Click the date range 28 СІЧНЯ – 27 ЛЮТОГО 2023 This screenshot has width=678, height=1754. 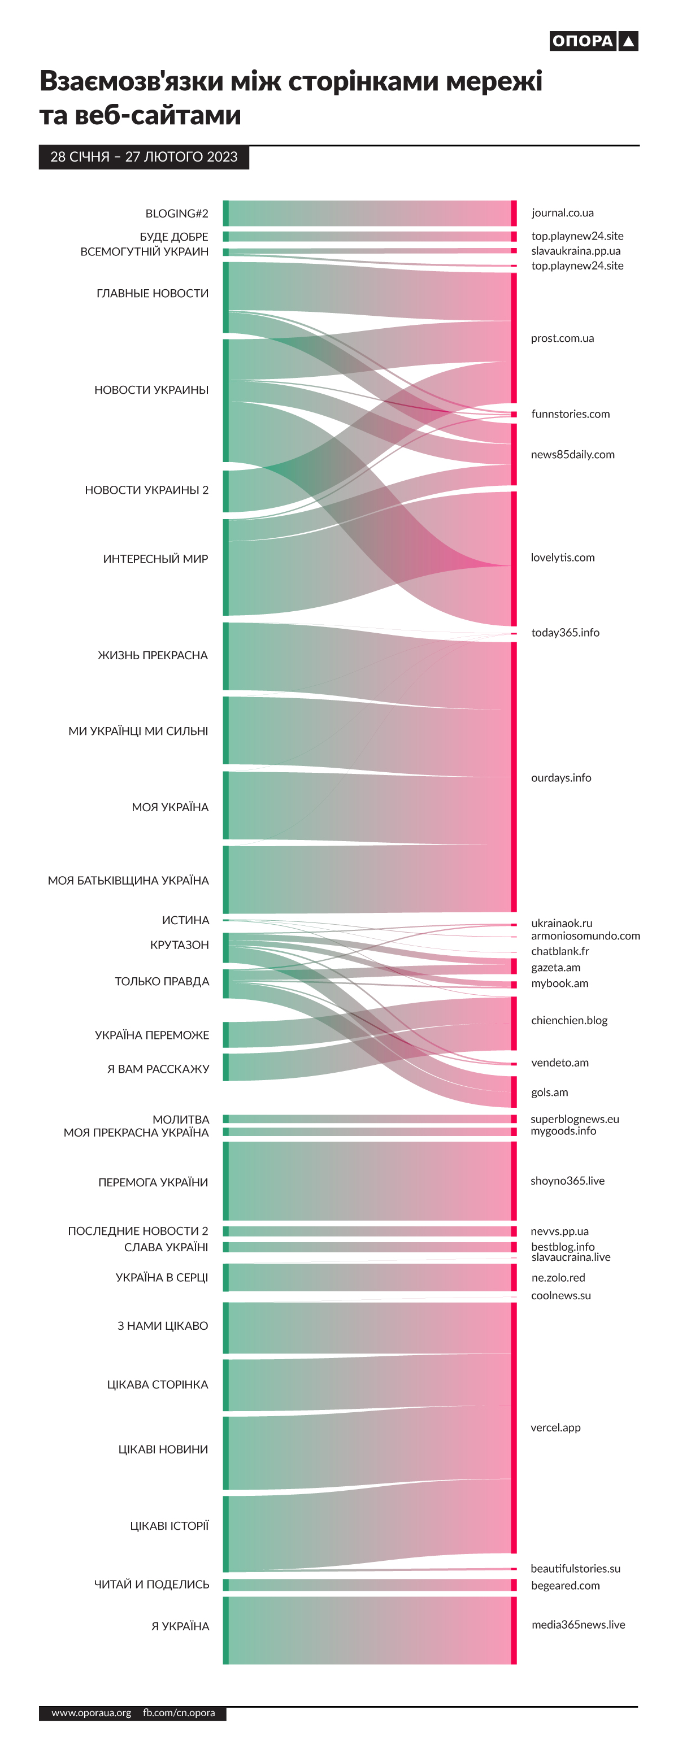click(144, 156)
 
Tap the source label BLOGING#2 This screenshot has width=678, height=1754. click(176, 213)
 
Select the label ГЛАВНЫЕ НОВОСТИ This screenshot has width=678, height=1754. click(153, 294)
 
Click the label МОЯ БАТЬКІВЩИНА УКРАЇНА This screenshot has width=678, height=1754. click(128, 881)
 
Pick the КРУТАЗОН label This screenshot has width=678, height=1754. click(179, 945)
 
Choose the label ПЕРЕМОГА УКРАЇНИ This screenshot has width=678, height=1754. click(153, 1182)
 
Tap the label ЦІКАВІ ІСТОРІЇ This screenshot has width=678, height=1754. click(169, 1526)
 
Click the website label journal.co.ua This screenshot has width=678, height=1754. click(562, 212)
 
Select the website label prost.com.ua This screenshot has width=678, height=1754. click(562, 338)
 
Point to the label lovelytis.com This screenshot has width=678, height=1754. click(562, 557)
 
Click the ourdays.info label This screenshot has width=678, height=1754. click(561, 778)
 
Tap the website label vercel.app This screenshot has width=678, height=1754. click(555, 1427)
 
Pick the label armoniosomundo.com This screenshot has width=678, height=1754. click(585, 935)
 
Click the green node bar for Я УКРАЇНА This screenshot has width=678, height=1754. click(226, 1630)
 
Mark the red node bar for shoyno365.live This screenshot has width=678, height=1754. click(513, 1181)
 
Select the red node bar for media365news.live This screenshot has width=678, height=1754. click(513, 1630)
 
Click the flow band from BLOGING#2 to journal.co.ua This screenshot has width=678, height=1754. click(368, 213)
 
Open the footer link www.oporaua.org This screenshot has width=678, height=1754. click(91, 1712)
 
